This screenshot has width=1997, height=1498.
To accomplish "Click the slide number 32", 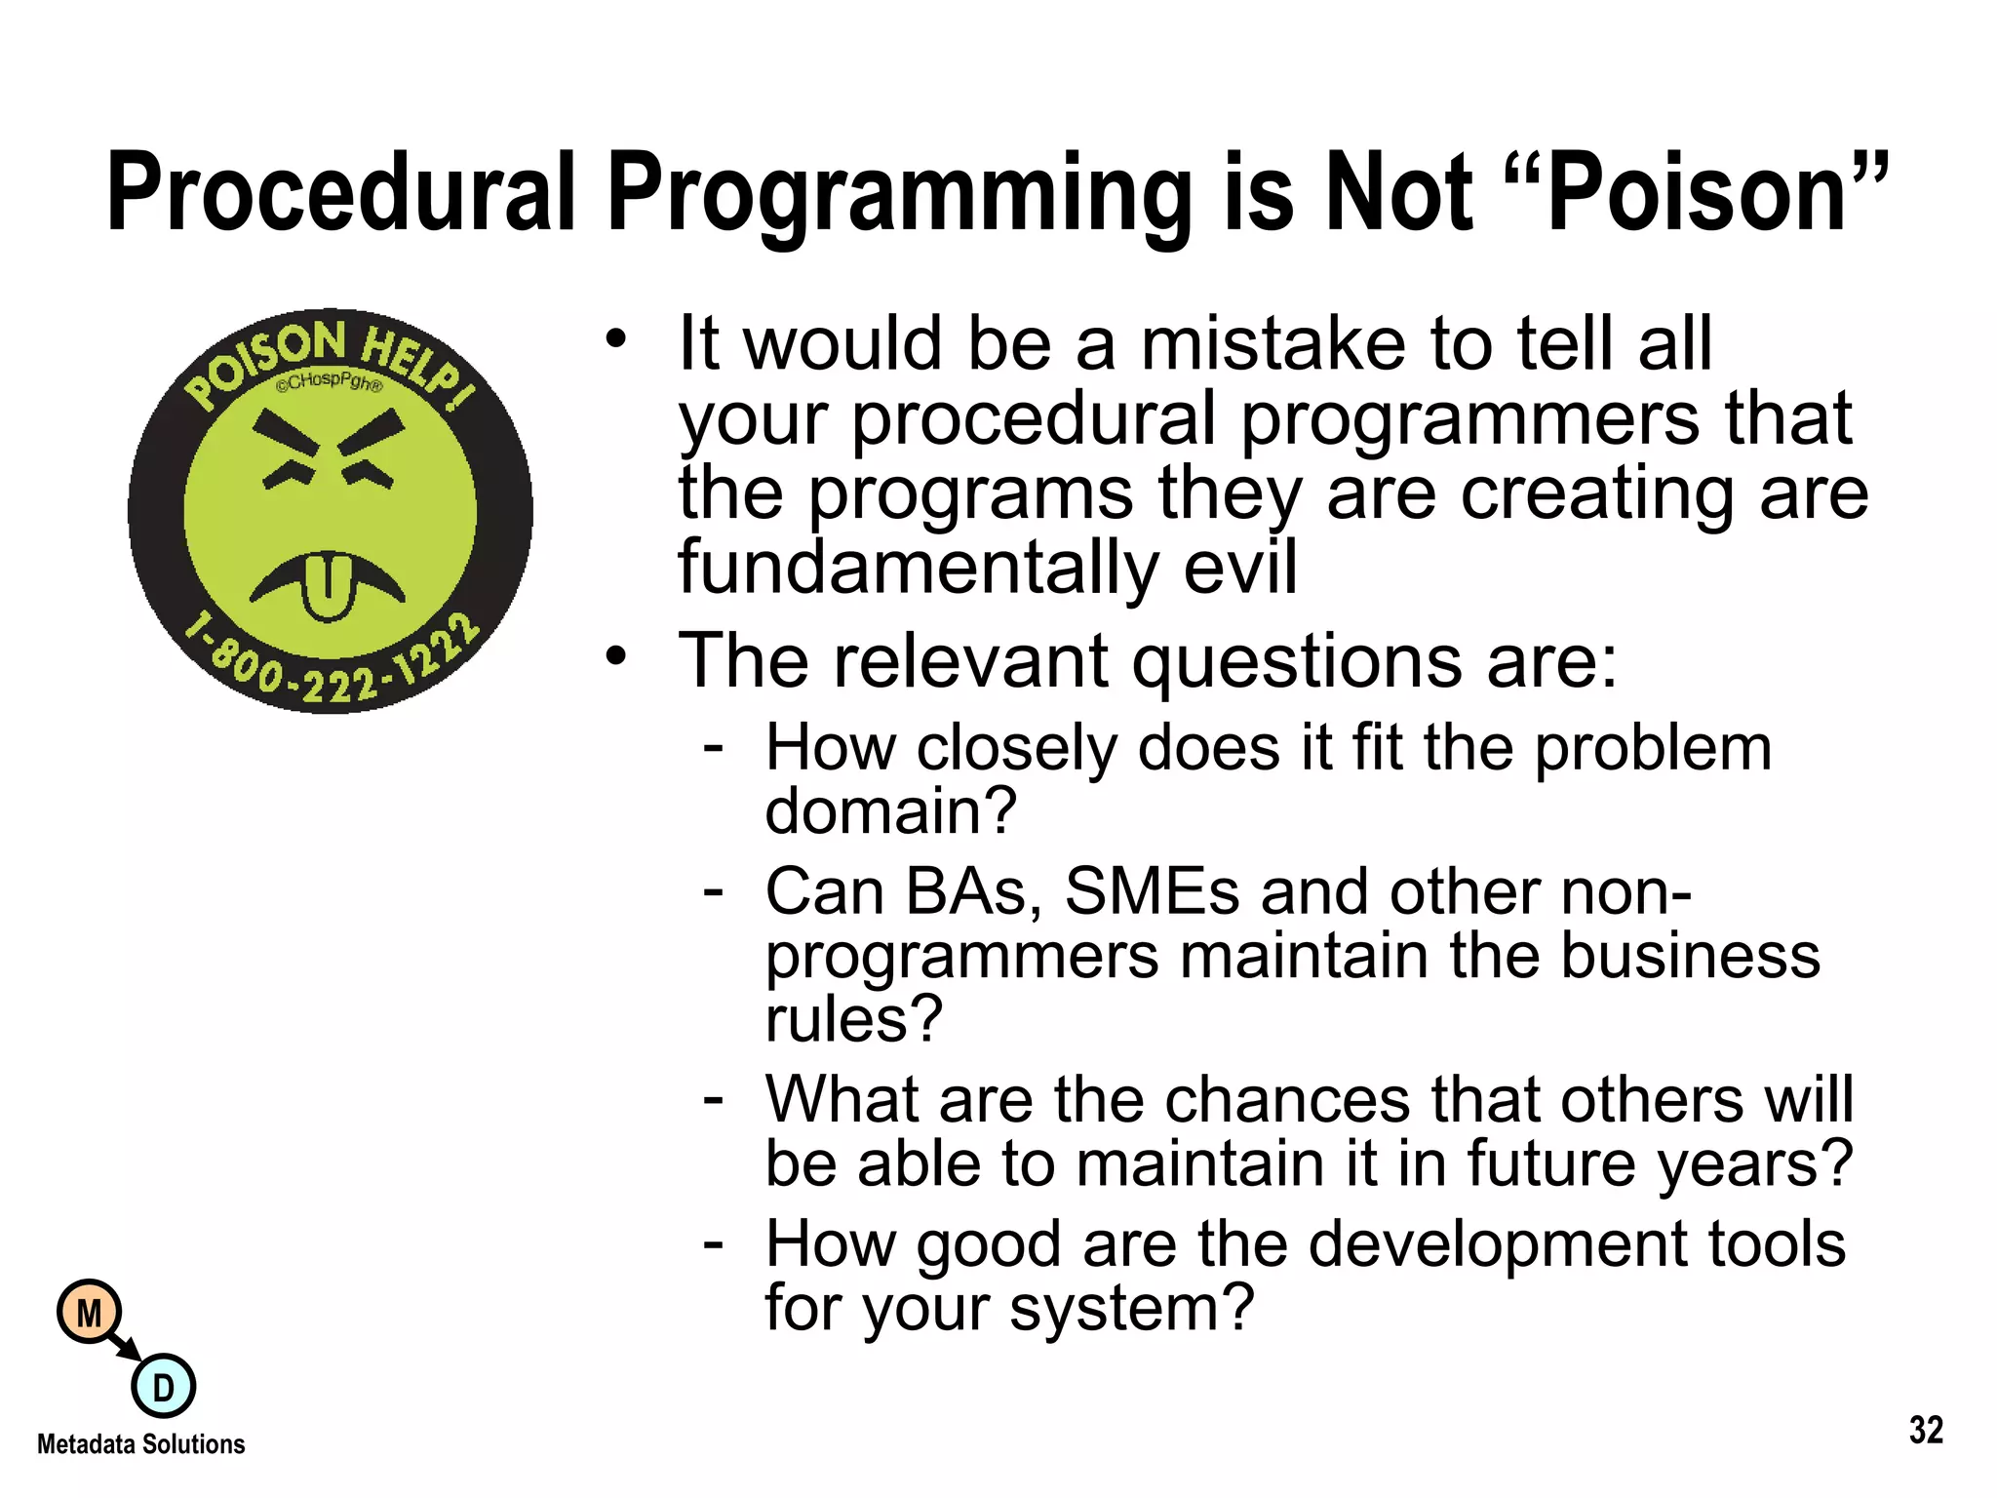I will (1926, 1430).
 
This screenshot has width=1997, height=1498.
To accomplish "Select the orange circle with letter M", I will (89, 1313).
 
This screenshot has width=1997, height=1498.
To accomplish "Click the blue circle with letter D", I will (163, 1386).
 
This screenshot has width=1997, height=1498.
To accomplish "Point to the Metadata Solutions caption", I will (141, 1444).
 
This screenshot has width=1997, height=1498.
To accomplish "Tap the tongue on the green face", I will (327, 585).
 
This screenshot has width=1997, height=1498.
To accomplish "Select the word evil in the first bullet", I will (1240, 567).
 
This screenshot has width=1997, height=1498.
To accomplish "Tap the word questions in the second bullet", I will (1297, 661).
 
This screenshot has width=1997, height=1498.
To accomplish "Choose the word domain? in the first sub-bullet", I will (890, 810).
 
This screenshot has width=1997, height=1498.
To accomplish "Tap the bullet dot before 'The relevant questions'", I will (614, 656).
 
